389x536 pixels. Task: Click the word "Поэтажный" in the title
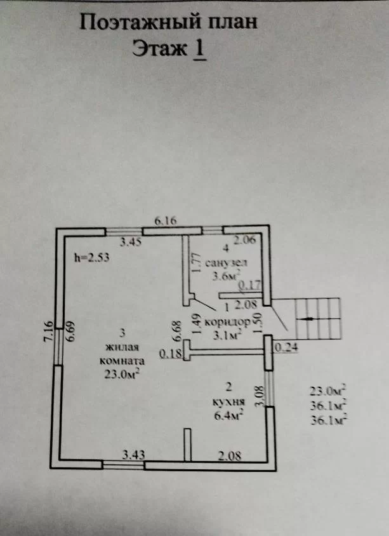140,23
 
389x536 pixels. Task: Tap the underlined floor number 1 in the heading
200,48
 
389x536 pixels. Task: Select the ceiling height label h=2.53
92,257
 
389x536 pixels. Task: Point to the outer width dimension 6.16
166,221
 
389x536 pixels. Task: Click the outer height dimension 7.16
48,332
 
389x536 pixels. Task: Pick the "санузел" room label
227,263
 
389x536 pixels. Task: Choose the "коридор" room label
227,323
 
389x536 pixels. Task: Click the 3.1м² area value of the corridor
227,335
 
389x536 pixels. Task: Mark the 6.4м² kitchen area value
228,416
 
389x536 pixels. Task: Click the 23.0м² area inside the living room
122,374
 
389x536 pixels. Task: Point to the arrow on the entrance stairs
306,319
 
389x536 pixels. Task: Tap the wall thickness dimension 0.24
286,347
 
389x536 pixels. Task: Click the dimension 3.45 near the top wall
131,243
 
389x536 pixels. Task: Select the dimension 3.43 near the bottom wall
133,455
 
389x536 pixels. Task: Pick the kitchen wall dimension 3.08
260,396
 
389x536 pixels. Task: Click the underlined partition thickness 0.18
171,354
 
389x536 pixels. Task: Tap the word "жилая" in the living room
122,347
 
